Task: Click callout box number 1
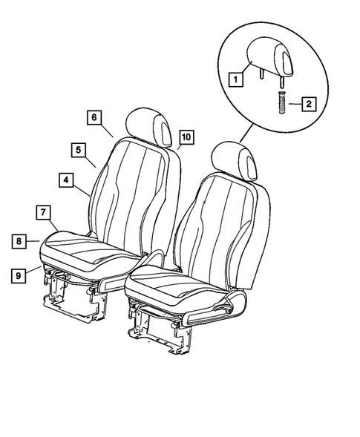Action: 235,76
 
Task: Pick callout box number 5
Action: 78,149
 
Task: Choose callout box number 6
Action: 94,118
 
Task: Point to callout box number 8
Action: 19,240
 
